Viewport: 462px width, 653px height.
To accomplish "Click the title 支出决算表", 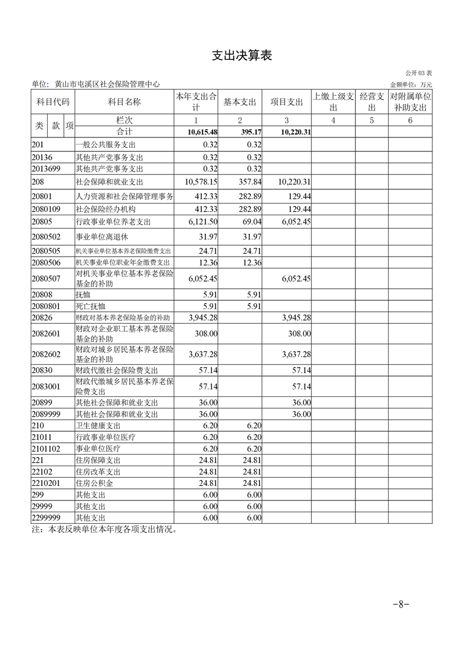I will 241,56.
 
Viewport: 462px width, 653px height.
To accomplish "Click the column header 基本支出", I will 240,102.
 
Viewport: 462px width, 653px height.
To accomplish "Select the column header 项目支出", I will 287,102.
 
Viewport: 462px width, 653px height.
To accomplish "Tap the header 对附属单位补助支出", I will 410,102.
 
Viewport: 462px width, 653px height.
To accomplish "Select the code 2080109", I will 45,209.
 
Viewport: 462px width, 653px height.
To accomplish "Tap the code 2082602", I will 45,354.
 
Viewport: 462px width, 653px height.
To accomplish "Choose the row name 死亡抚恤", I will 91,306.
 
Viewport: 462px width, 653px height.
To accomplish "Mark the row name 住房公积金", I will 95,483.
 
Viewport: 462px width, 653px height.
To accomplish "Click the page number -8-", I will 401,604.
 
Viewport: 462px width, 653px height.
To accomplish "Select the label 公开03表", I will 418,73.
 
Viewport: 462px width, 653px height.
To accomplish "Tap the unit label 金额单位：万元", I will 411,85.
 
